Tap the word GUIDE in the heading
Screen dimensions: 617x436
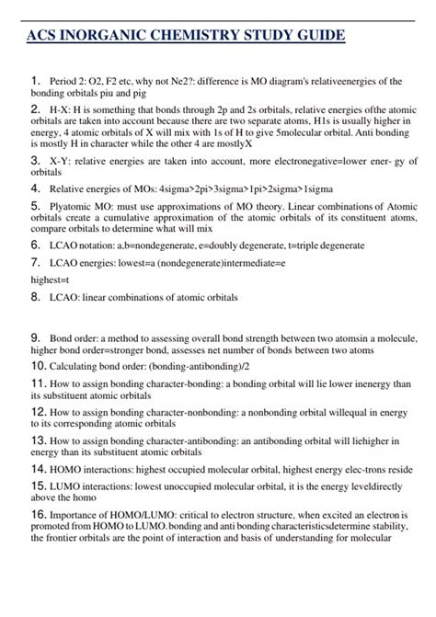[x=317, y=37]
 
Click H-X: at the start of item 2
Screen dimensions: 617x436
[x=63, y=109]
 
